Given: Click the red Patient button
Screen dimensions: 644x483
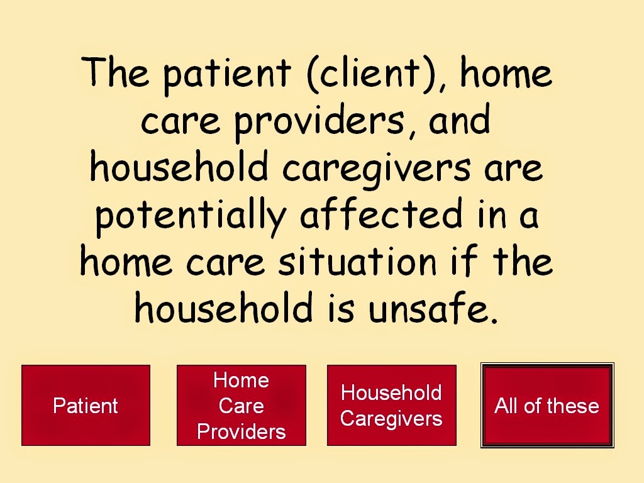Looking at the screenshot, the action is click(x=86, y=406).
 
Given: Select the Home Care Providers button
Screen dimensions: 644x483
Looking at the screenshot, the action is click(x=241, y=406).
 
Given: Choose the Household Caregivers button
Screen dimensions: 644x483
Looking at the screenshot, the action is click(x=392, y=406).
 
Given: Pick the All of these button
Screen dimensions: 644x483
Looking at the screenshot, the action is click(x=548, y=406).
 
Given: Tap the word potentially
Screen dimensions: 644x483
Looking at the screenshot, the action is click(x=191, y=216).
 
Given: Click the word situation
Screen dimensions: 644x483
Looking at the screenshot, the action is click(x=357, y=262).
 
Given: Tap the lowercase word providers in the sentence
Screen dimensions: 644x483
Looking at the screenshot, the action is click(x=319, y=121).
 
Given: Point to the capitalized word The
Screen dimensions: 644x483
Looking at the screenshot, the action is click(x=115, y=72).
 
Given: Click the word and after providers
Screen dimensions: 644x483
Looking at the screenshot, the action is click(x=459, y=119).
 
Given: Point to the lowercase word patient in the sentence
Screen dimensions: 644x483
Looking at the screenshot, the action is click(x=227, y=75).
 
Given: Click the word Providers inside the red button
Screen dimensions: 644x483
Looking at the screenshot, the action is click(x=241, y=431).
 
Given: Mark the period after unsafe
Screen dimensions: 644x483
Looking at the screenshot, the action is click(x=494, y=319).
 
